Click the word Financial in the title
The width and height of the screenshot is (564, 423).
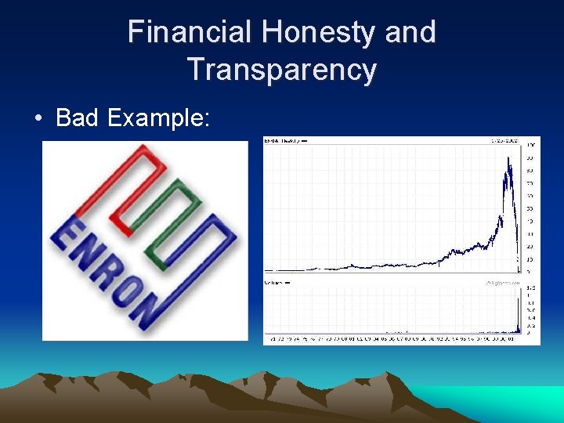coord(190,32)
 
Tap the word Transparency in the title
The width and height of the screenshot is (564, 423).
coord(282,70)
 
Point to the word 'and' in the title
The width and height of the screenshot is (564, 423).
coord(410,32)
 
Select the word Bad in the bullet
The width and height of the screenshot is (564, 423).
coord(78,118)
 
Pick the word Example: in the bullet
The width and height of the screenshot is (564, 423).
coord(159,118)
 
